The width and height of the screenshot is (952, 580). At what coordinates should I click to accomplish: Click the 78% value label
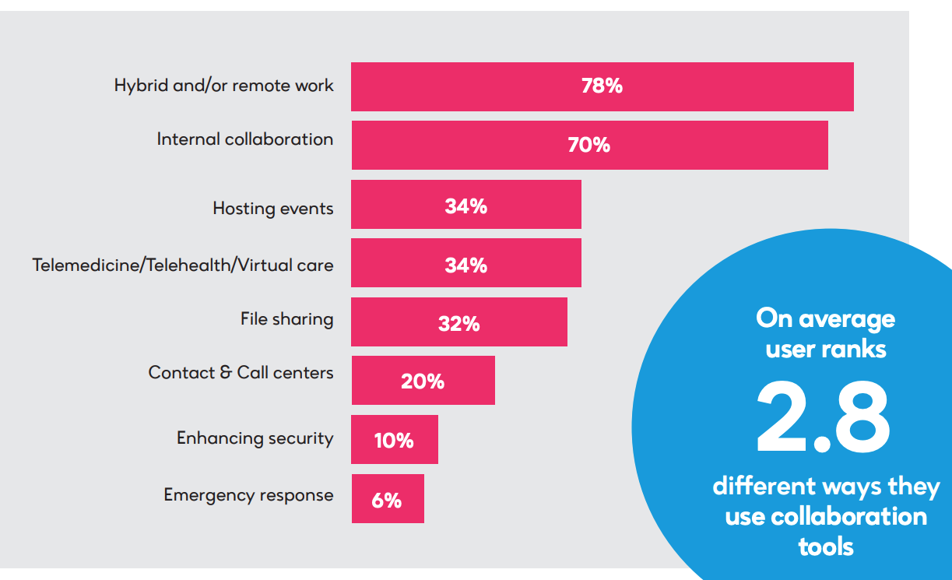click(602, 86)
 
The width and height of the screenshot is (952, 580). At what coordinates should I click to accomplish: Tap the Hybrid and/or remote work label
click(223, 86)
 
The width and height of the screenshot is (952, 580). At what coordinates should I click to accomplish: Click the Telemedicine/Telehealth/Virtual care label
click(183, 265)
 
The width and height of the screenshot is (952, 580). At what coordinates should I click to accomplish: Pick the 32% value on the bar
click(458, 323)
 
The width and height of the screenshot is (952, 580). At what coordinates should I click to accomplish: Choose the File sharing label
click(286, 319)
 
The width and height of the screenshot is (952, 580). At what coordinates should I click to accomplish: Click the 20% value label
click(423, 381)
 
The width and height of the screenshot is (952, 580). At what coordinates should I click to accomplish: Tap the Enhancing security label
click(255, 438)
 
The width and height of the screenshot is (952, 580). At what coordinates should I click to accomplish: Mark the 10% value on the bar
click(393, 441)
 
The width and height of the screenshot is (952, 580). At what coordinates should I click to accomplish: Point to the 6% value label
click(386, 500)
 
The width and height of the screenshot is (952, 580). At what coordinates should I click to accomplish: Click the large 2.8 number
click(824, 419)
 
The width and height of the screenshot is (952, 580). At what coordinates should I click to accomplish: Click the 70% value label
click(588, 145)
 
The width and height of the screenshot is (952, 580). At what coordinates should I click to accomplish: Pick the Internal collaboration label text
click(244, 139)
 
